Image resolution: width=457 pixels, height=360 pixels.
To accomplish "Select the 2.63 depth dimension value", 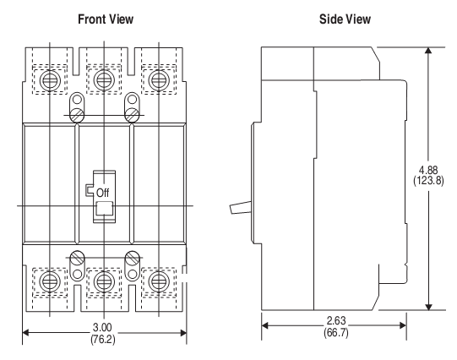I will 335,321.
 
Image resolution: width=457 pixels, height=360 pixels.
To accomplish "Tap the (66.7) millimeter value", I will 335,332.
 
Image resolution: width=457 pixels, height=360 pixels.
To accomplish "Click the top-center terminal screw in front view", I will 104,79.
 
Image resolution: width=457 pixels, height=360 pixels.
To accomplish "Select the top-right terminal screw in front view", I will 157,79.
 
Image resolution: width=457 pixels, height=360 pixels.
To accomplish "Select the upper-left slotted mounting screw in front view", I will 78,111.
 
